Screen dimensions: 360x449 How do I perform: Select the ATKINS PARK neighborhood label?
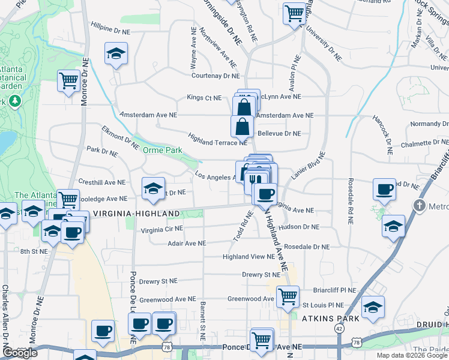331,318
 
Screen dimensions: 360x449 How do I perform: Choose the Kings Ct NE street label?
204,97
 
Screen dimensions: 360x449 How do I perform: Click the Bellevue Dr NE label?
279,133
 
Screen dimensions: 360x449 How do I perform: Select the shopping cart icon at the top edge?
295,13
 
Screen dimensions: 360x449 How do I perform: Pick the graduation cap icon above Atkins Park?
373,307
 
